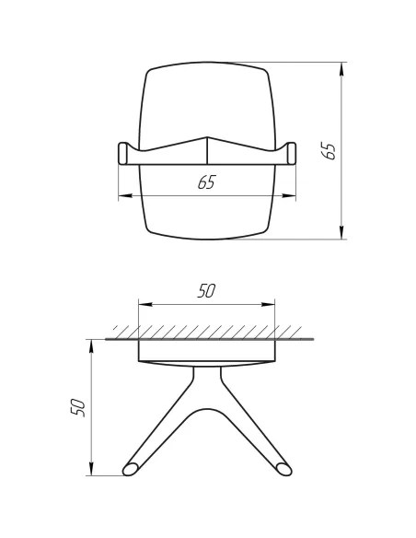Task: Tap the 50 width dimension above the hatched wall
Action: (x=206, y=291)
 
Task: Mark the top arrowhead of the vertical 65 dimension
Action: (x=342, y=67)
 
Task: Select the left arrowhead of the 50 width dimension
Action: (x=143, y=305)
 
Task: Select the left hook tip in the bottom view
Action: (x=133, y=469)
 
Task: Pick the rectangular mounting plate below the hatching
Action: (x=206, y=351)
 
